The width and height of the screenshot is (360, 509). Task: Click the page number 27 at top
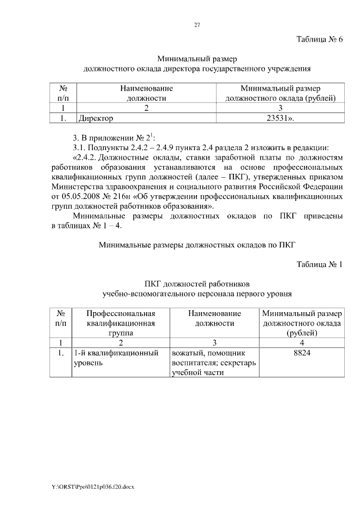(x=197, y=25)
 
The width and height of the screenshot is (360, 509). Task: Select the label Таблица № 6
(x=319, y=39)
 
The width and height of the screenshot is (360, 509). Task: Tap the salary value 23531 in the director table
(x=280, y=118)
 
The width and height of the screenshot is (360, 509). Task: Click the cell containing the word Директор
(x=96, y=118)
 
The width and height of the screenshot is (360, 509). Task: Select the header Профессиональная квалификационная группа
(x=121, y=323)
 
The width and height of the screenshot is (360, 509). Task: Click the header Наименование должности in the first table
(x=146, y=93)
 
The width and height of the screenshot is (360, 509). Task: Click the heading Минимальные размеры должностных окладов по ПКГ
(x=197, y=244)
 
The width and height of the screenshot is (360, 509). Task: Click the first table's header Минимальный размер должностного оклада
(x=280, y=93)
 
